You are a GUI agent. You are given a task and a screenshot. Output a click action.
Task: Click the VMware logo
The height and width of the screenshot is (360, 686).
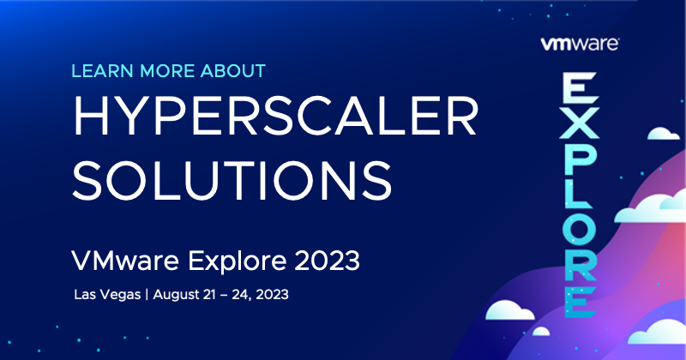580,45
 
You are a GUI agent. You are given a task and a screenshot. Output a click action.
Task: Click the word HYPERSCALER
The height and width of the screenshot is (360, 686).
275,116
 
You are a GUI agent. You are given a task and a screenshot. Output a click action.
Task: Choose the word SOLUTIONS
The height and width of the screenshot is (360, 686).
232,180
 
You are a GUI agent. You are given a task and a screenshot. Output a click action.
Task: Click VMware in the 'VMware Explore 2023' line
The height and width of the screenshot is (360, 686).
125,261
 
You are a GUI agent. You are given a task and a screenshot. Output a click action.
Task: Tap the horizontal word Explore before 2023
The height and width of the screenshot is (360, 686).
238,261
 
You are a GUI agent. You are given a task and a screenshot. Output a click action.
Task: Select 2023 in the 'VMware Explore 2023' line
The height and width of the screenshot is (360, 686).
327,261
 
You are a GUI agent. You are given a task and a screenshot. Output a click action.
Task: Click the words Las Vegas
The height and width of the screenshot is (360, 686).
107,294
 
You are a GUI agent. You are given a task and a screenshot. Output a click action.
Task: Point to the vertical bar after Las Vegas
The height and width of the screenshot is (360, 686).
147,294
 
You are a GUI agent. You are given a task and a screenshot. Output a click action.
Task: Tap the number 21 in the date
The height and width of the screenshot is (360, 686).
209,294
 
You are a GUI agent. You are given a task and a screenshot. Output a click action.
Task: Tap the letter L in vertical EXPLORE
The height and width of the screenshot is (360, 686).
578,193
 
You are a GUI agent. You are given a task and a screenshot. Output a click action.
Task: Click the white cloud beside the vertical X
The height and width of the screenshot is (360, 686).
663,134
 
